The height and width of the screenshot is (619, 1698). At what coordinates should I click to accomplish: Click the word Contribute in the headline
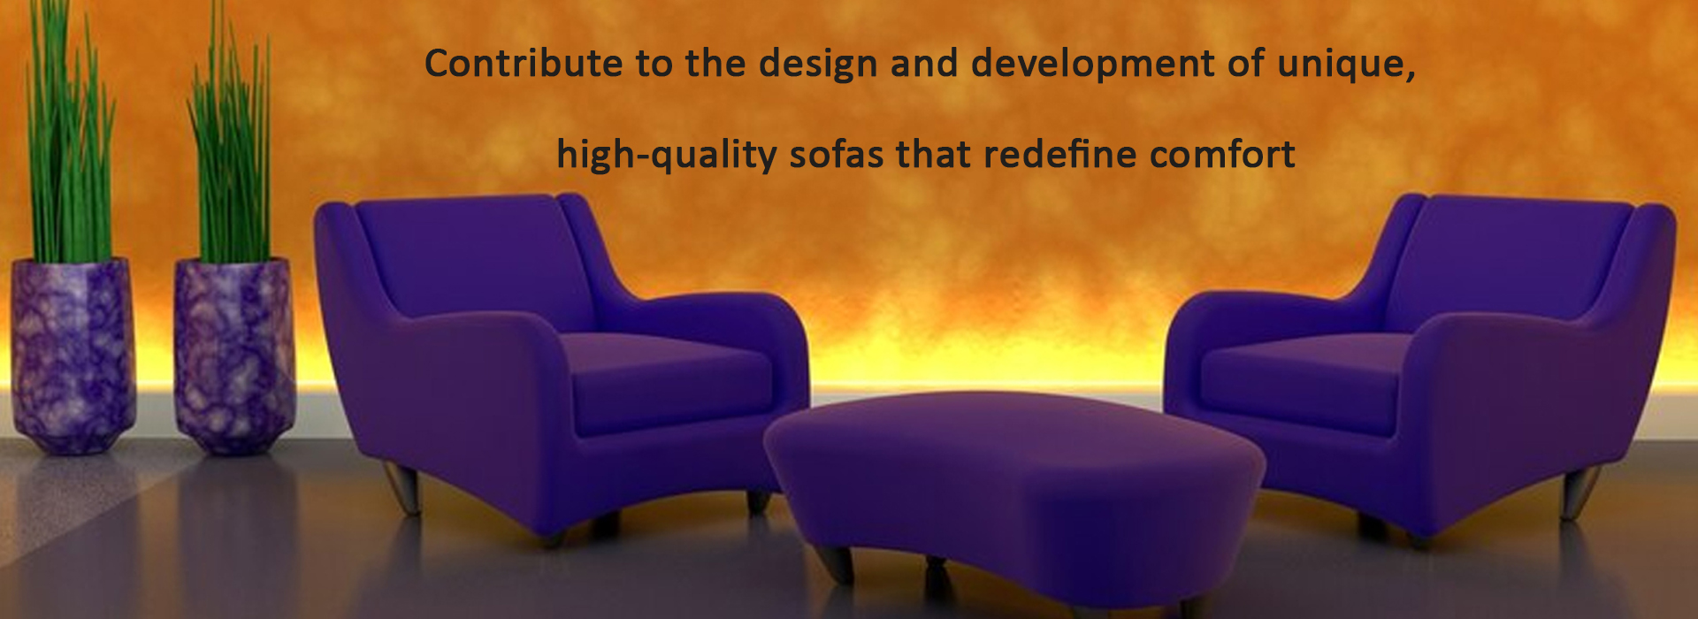[x=524, y=64]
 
